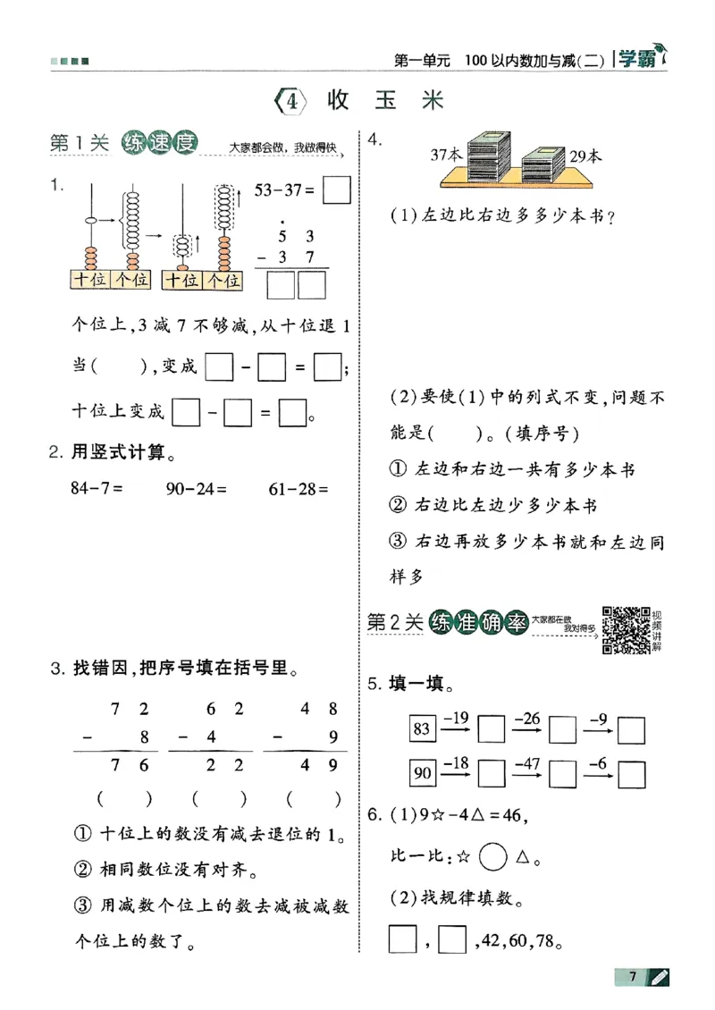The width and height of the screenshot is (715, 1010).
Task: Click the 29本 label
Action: click(586, 156)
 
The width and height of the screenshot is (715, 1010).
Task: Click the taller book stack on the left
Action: click(491, 157)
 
